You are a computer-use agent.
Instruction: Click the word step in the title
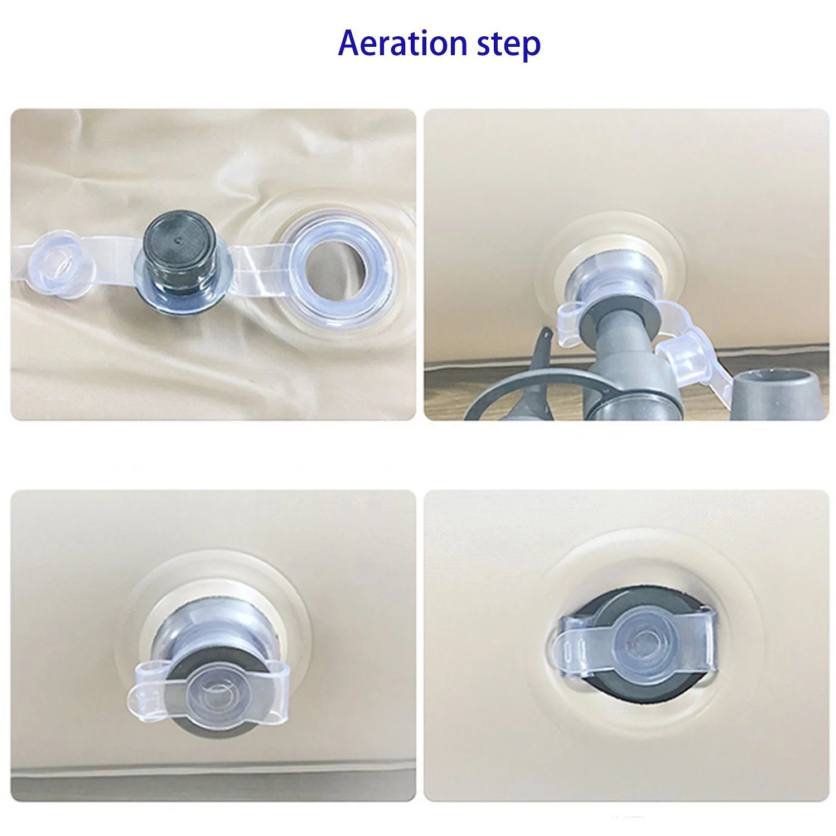(x=508, y=45)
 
